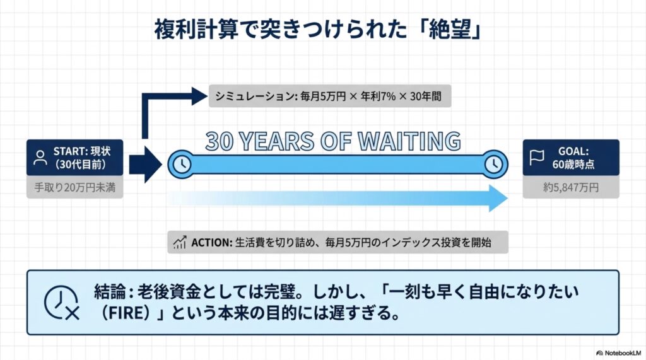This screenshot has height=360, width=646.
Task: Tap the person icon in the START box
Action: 40,158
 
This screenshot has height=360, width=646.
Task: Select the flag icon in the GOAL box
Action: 536,158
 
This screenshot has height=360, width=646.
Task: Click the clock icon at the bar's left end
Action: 182,165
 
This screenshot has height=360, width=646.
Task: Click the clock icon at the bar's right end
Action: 493,165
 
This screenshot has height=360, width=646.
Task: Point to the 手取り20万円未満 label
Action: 74,188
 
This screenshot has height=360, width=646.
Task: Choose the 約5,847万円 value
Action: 570,188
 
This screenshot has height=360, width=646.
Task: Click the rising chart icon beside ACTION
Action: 180,242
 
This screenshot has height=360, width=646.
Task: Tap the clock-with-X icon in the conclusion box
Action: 62,303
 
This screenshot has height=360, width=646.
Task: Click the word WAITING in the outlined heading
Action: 409,141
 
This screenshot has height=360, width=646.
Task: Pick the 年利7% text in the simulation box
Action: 378,96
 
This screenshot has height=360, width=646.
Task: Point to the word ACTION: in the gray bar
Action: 212,243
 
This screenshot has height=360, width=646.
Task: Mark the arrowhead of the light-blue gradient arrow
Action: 498,198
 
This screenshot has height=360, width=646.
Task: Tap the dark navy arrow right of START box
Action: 146,165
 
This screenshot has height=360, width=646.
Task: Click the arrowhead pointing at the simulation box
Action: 199,96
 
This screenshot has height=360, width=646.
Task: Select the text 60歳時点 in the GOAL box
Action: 573,165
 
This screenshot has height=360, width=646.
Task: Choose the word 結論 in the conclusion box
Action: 110,292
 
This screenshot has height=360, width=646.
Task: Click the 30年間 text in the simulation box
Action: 426,96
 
